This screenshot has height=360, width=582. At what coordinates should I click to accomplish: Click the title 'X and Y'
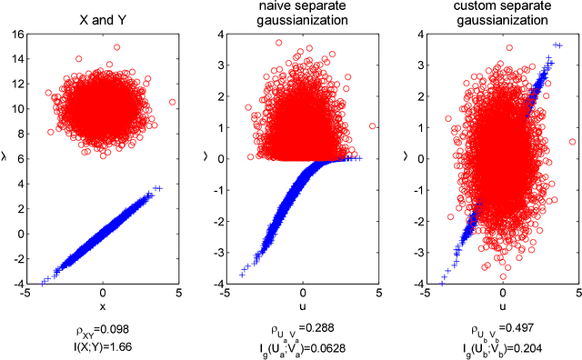point(102,15)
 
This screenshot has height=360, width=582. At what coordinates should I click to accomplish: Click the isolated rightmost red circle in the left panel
point(173,102)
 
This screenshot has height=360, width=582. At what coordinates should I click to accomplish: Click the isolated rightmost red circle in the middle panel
point(373,126)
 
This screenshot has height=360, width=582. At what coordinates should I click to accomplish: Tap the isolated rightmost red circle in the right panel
point(572,141)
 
